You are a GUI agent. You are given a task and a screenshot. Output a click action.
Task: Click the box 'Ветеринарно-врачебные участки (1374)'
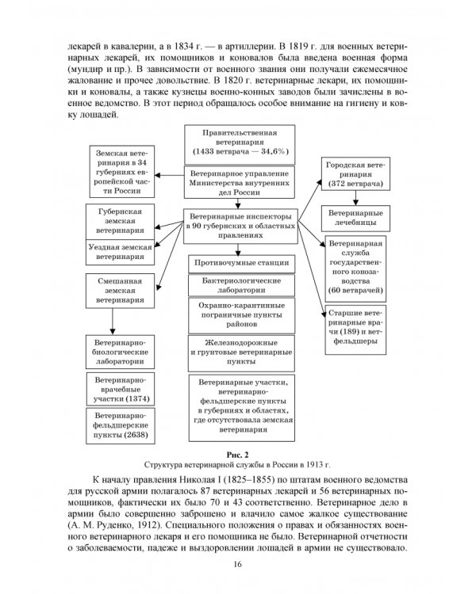pyautogui.click(x=120, y=387)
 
